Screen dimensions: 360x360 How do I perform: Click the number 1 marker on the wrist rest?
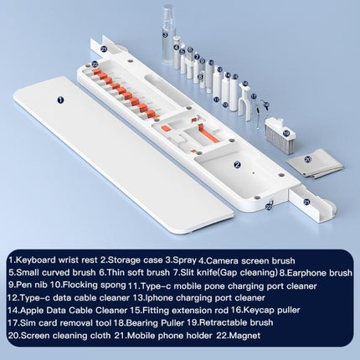coord(61,100)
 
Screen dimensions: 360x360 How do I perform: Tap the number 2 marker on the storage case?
coord(237,165)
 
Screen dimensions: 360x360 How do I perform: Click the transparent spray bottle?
coord(169,36)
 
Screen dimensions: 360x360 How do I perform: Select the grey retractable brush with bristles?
coord(280,135)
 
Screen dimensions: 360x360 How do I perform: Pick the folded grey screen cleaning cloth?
coord(315,165)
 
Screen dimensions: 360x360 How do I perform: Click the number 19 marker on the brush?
coord(286,134)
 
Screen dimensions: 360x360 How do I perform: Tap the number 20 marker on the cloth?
coord(308,159)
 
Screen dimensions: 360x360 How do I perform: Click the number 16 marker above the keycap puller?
coord(245,83)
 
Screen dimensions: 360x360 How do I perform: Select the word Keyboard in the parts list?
coord(36,260)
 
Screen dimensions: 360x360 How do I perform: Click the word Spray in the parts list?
coord(185,260)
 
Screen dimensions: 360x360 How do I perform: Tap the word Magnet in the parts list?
coord(246,335)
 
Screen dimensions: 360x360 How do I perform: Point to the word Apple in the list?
coord(32,310)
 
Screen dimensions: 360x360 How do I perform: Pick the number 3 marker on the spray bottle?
coord(165,35)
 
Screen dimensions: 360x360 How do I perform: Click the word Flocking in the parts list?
coord(78,285)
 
